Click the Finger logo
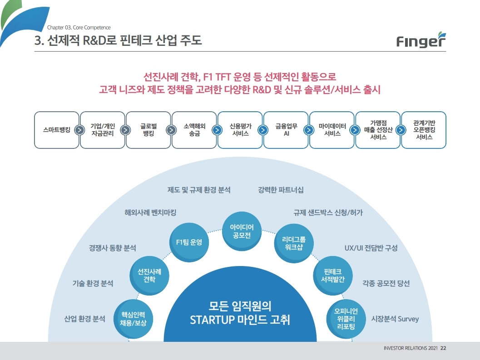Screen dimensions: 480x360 [421, 40]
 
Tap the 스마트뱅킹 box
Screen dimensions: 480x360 [54, 130]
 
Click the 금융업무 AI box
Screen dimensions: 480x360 [287, 130]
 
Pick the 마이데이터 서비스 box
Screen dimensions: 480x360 [332, 130]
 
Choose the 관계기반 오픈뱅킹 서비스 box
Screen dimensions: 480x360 [424, 130]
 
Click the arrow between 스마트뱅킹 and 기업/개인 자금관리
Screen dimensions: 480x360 [79, 130]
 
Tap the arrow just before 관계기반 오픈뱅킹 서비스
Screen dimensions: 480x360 [401, 130]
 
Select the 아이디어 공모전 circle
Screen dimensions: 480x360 [241, 231]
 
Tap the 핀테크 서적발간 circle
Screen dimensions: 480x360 [333, 275]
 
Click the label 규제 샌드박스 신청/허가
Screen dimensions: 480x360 [328, 212]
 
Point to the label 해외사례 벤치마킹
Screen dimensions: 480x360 [150, 212]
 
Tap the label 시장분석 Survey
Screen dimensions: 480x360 [395, 319]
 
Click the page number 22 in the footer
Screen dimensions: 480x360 [443, 349]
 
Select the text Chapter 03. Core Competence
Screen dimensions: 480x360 [79, 28]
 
